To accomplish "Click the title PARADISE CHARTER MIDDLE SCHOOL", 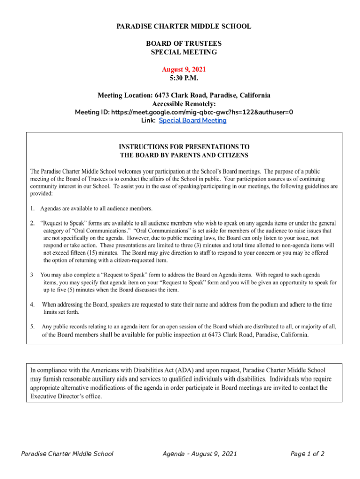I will point(184,26).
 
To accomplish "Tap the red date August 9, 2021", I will point(184,69).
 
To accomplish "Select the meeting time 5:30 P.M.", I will point(184,78).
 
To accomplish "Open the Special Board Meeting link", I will point(193,120).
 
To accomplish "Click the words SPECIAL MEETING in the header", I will point(184,52).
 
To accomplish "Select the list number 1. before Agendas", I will point(33,208).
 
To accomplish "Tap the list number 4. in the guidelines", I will point(33,305).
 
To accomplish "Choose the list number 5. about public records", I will point(33,327).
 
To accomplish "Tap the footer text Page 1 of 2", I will point(307,454).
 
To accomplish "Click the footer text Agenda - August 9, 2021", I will point(200,454).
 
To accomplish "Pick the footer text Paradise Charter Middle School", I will point(68,454).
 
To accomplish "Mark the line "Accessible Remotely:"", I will point(184,103).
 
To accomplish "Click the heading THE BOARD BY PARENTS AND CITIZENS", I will point(184,155).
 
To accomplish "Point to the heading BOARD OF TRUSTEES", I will point(184,44).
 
